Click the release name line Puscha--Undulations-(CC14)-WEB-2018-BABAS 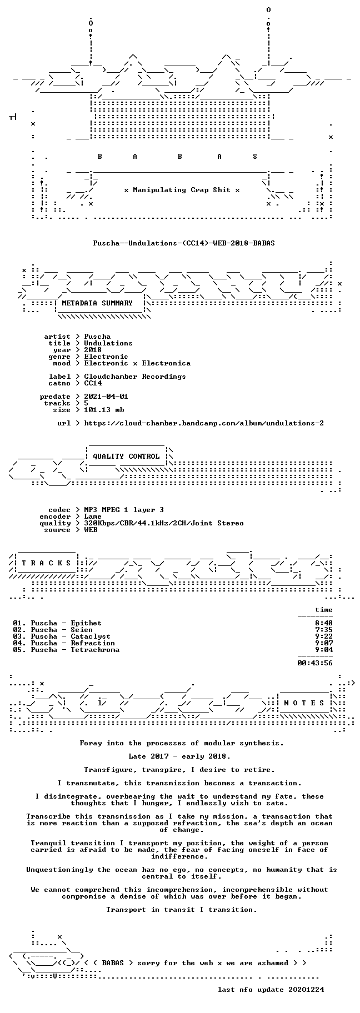click(184, 243)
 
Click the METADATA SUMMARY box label click(97, 303)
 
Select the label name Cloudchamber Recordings click(135, 377)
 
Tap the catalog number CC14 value click(93, 383)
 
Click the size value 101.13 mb click(104, 410)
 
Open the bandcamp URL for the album click(204, 423)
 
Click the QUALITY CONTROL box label click(126, 457)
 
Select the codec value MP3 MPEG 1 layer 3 click(124, 510)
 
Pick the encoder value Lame click(93, 516)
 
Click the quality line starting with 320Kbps click(164, 523)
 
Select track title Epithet click(86, 623)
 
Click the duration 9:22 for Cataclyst click(324, 636)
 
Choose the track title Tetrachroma click(95, 650)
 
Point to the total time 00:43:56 click(315, 663)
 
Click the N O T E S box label click(304, 703)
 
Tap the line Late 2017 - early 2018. click(179, 756)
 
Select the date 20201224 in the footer click(306, 990)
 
